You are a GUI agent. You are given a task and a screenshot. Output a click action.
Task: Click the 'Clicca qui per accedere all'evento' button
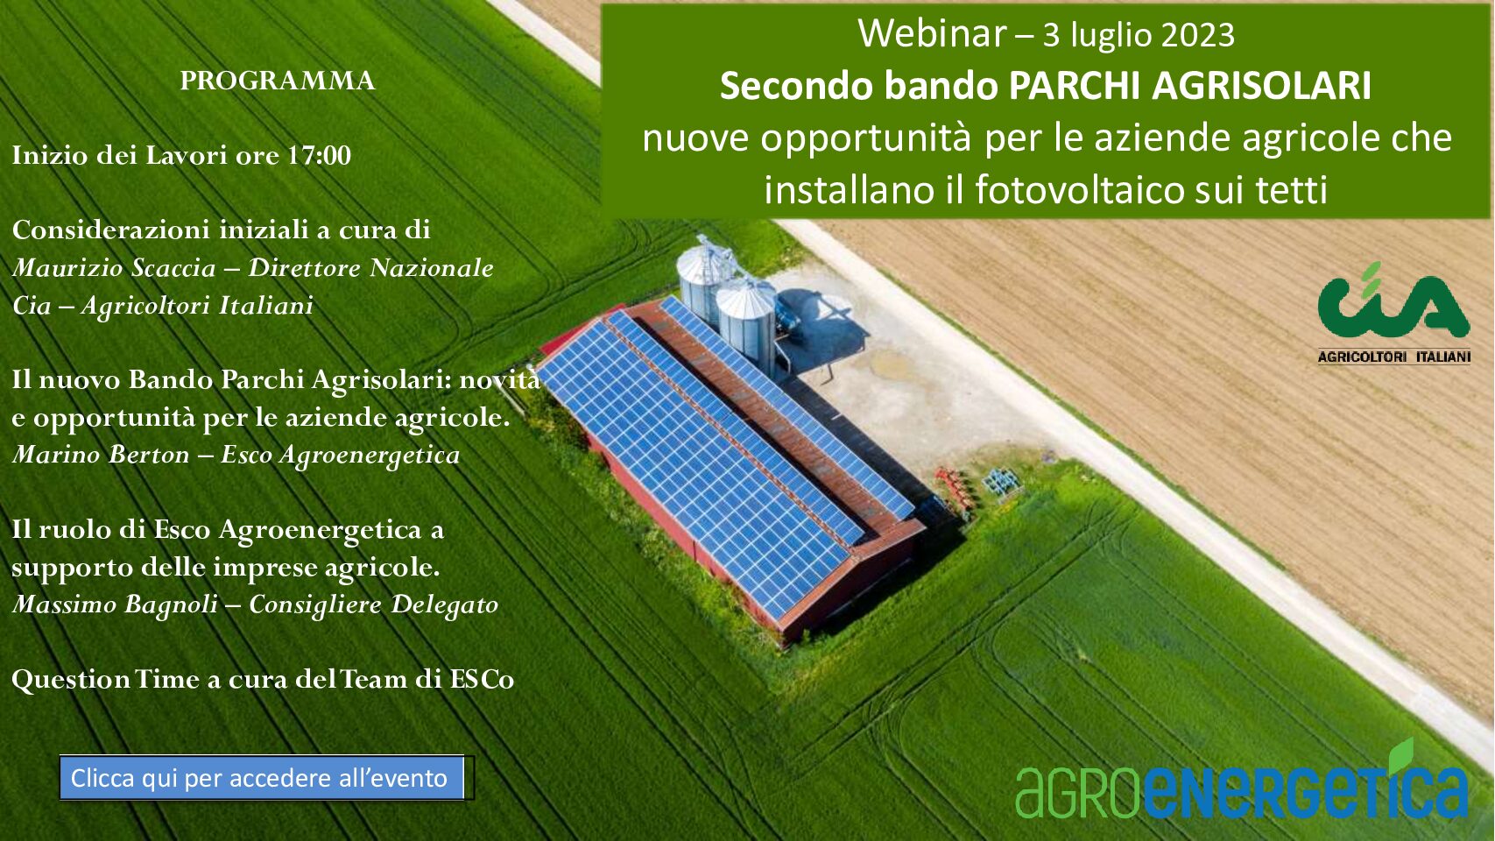(x=262, y=778)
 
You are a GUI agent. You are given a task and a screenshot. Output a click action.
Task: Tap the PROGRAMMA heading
(x=277, y=81)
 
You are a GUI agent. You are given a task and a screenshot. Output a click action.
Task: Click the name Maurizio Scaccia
(x=114, y=268)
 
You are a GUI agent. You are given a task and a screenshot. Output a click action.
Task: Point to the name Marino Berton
(x=101, y=455)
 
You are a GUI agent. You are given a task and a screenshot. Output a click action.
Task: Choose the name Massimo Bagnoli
(x=115, y=604)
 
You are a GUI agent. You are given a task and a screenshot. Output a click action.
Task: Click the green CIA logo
(x=1393, y=301)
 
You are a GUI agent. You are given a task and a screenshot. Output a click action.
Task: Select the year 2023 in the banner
(x=1198, y=35)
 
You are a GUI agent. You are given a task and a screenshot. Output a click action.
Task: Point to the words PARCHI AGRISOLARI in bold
(x=1190, y=86)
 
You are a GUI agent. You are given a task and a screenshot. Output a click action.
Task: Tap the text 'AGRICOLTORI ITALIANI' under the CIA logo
(x=1393, y=357)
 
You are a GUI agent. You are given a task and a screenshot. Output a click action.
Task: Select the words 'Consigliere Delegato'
(x=374, y=604)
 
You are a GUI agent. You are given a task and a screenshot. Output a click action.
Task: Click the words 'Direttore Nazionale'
(x=371, y=268)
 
